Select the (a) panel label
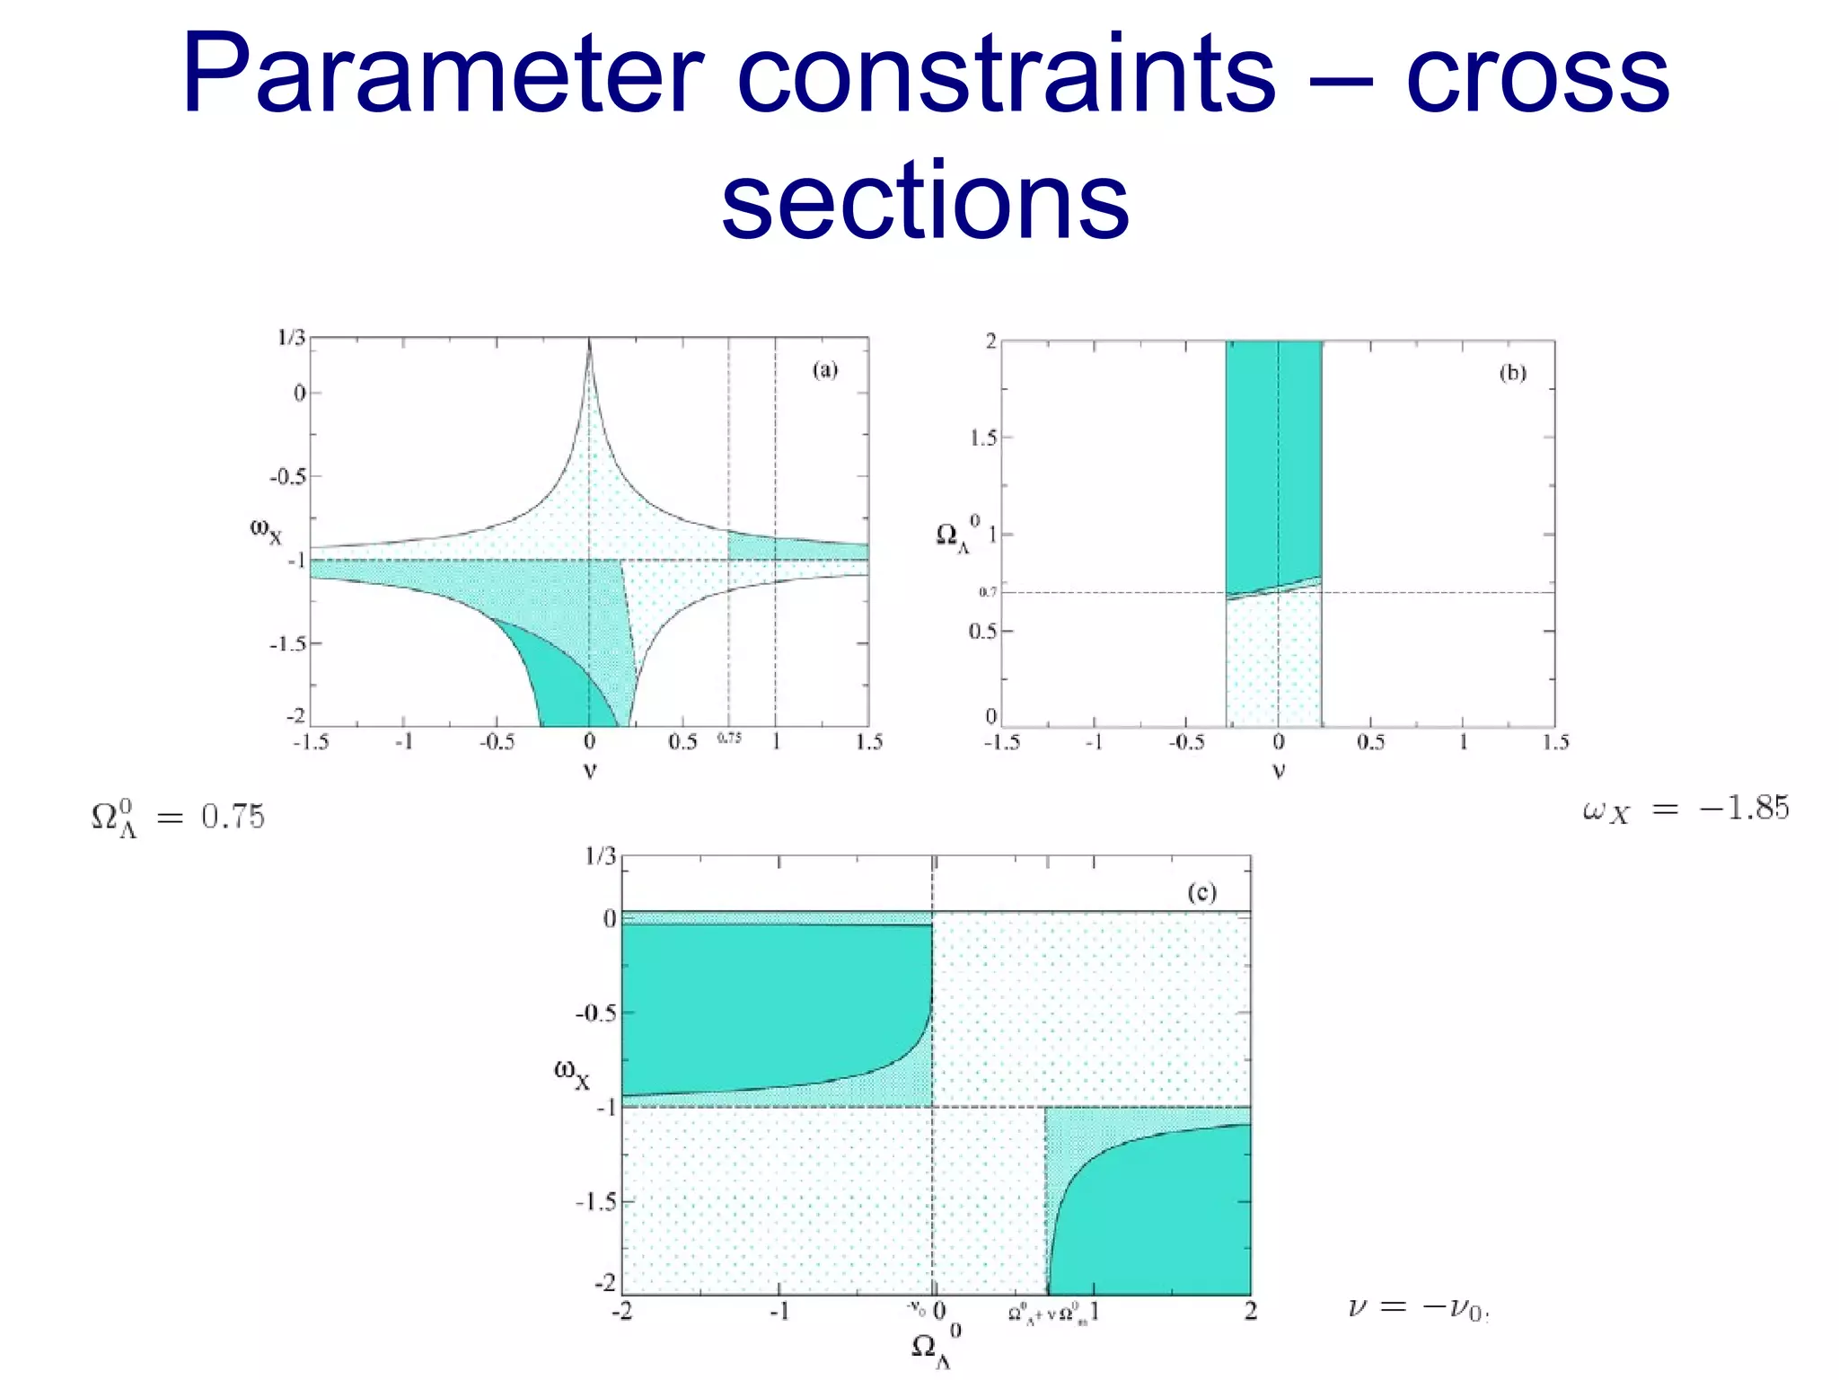(x=824, y=370)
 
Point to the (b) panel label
(x=1512, y=373)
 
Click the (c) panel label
(x=1201, y=892)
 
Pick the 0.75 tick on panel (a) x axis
(x=729, y=739)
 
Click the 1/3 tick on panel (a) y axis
(x=291, y=338)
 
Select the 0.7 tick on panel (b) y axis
(x=988, y=592)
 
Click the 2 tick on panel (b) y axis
(x=990, y=341)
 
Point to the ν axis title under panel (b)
(x=1279, y=771)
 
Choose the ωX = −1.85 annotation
(x=1685, y=809)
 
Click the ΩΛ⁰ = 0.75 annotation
(x=178, y=818)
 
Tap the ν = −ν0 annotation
(x=1418, y=1308)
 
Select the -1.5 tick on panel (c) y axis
(x=596, y=1201)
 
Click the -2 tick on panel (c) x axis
(x=621, y=1312)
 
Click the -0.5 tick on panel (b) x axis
(x=1186, y=742)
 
